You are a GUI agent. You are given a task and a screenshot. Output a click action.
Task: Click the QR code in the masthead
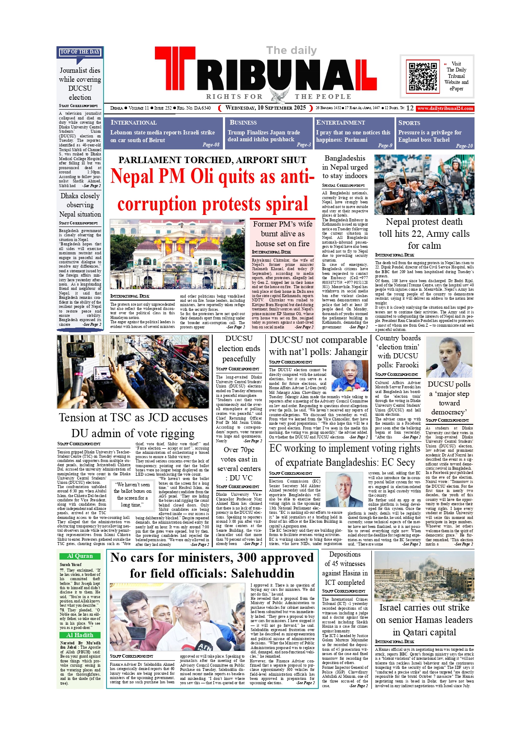click(x=423, y=76)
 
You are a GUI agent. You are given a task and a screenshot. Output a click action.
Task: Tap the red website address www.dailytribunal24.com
click(x=445, y=108)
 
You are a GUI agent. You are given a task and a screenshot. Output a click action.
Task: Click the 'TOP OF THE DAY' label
click(x=80, y=52)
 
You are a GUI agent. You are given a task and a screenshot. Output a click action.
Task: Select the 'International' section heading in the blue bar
click(x=133, y=123)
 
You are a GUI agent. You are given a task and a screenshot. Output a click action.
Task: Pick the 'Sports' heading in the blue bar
click(x=409, y=123)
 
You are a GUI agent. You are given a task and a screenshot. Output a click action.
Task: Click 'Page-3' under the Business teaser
click(x=304, y=145)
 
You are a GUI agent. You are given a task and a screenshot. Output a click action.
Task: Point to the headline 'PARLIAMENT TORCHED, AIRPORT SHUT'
click(x=212, y=160)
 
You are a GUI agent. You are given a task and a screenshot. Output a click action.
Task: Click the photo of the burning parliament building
click(x=178, y=254)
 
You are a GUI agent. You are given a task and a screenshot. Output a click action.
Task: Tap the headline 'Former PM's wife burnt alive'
click(x=282, y=234)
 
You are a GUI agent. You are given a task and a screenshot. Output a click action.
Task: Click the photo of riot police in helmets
click(x=424, y=185)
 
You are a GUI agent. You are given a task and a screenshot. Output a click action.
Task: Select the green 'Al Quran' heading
click(x=80, y=556)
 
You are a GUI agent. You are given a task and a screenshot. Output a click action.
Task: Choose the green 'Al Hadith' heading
click(x=80, y=635)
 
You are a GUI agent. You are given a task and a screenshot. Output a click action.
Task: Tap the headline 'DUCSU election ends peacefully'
click(x=239, y=349)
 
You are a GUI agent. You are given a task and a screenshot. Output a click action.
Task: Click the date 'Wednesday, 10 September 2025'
click(x=266, y=108)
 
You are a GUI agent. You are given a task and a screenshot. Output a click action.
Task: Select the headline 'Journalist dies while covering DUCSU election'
click(x=80, y=84)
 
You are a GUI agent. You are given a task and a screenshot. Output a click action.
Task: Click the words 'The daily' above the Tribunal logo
click(x=291, y=51)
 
